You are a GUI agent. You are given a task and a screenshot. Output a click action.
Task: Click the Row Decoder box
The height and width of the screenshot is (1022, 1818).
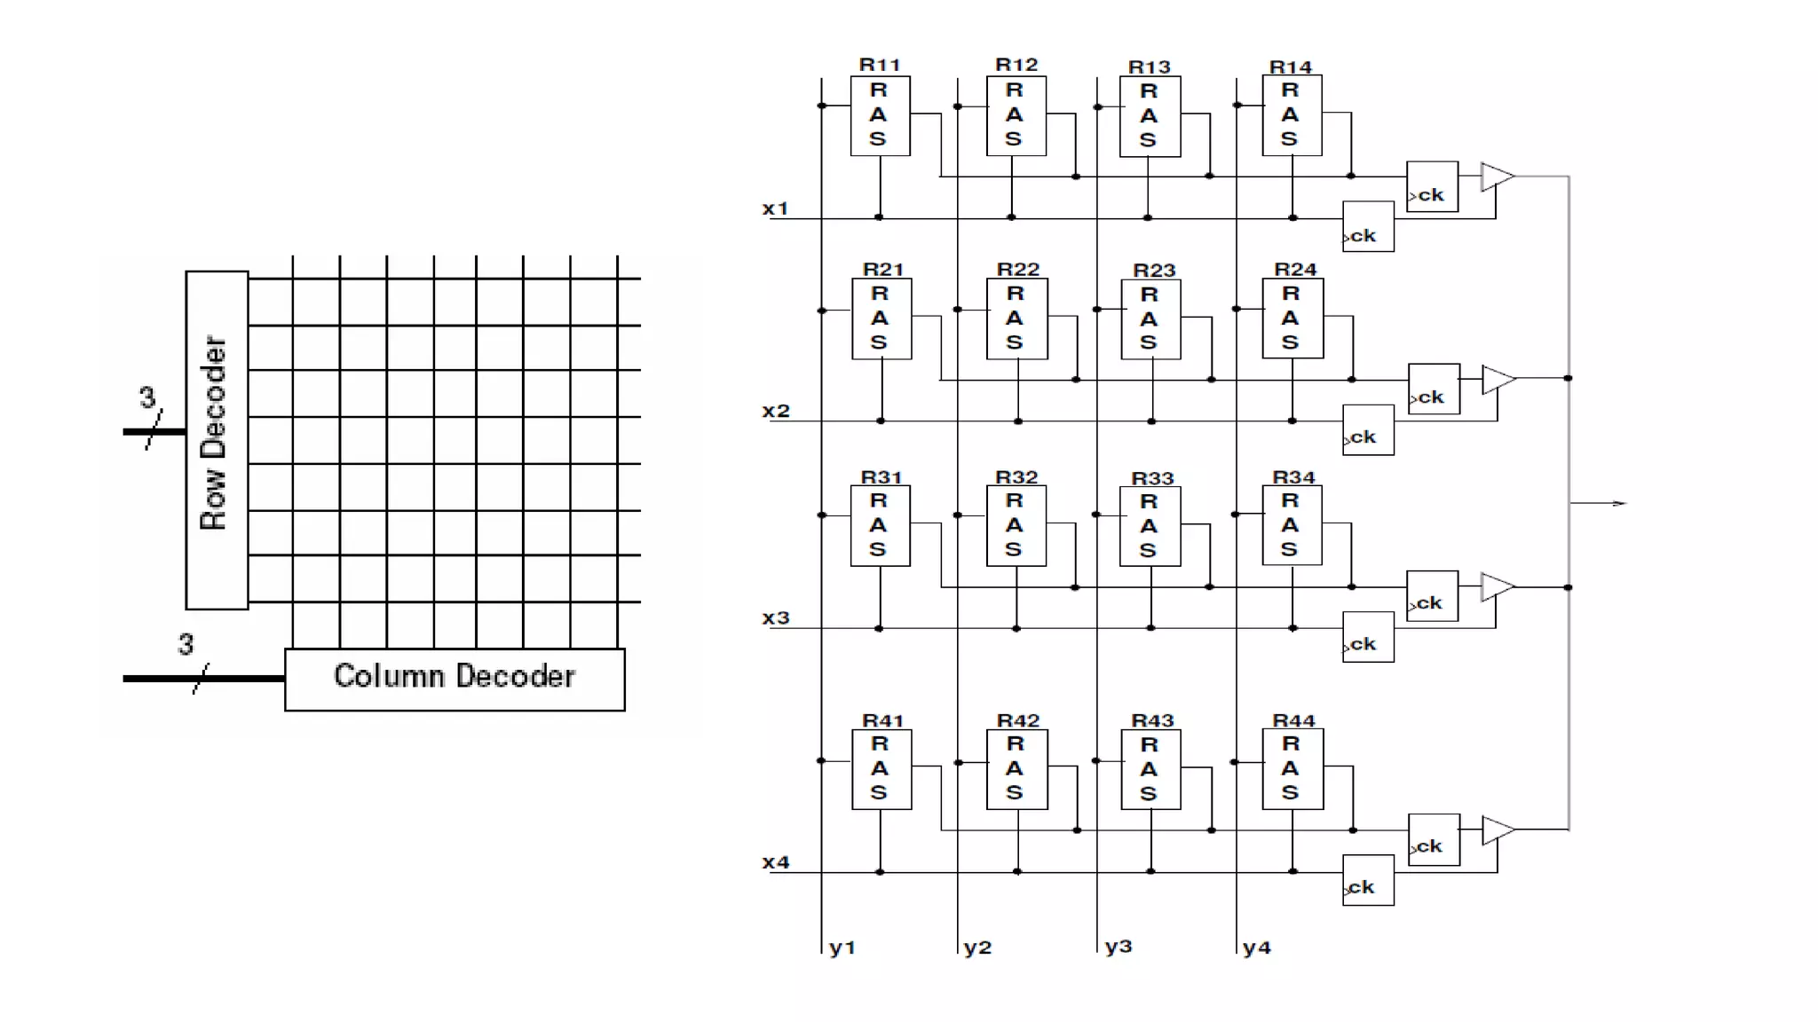216,439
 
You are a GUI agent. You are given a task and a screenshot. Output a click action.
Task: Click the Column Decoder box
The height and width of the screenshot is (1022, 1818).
454,679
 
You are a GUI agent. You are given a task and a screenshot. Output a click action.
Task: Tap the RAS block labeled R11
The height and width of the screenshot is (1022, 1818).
880,116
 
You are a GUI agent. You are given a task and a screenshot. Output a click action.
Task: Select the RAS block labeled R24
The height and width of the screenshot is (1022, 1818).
1292,318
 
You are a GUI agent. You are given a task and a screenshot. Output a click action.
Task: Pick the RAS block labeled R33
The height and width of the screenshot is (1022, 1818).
1150,526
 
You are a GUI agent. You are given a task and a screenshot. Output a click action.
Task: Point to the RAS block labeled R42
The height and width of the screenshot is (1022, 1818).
1016,769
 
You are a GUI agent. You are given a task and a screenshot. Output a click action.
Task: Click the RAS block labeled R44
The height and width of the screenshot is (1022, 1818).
1292,769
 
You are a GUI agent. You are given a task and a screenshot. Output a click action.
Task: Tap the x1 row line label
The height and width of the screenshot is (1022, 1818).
775,208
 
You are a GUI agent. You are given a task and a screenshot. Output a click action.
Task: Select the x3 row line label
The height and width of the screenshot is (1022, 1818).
775,618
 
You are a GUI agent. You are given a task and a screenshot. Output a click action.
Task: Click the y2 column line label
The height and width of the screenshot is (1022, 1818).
977,947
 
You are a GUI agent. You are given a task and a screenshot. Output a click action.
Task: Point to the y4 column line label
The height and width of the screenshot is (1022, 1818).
1257,947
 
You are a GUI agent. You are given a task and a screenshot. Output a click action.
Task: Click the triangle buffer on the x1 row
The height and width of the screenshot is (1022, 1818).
1497,177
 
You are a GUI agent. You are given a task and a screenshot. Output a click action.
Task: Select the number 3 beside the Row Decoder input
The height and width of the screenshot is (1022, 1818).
147,397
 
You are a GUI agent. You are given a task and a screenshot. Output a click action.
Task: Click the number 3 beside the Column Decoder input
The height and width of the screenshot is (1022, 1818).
186,643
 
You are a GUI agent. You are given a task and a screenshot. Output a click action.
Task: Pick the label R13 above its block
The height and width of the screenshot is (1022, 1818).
1150,67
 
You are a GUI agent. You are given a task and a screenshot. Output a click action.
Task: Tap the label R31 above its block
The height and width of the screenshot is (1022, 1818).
881,477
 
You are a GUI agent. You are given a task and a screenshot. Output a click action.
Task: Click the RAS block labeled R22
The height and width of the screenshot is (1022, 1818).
1016,318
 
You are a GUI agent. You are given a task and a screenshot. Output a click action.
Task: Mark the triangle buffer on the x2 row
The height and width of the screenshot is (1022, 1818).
1498,380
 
